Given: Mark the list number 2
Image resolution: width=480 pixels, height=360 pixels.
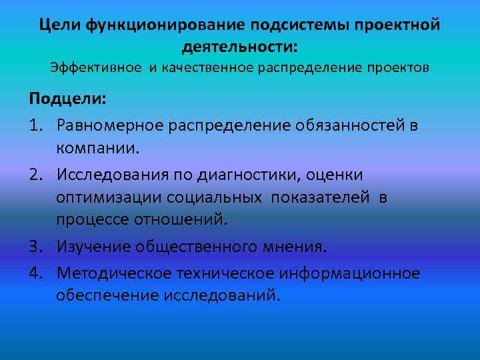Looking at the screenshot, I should [35, 173].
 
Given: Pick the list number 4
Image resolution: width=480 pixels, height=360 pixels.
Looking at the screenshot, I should [35, 273].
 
